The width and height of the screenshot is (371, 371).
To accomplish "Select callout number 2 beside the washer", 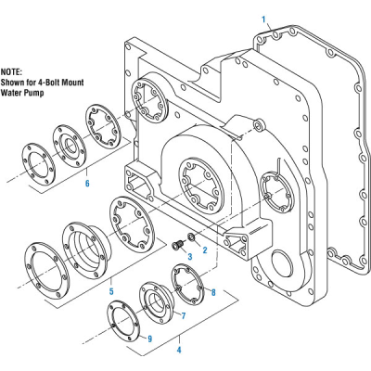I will click(204, 249).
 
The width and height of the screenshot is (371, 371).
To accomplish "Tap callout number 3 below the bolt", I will click(189, 255).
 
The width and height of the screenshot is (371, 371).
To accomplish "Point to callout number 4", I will click(179, 350).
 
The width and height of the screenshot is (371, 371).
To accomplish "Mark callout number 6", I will click(87, 184).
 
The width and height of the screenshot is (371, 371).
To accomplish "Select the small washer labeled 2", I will click(190, 237).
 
